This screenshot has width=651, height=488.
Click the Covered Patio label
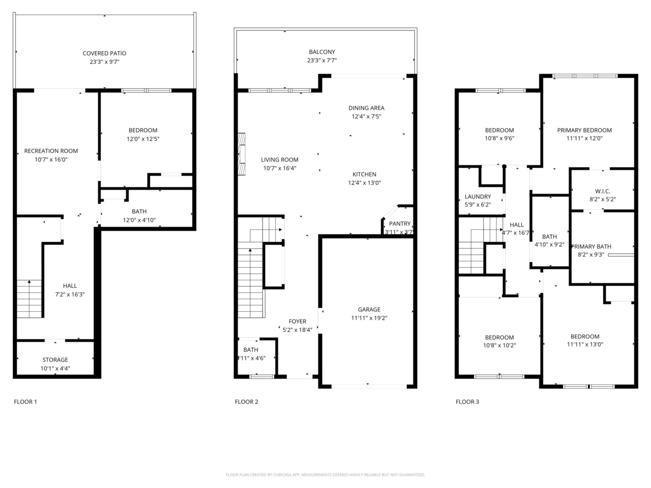pos(104,53)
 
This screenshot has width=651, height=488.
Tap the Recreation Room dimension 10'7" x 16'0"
pos(51,159)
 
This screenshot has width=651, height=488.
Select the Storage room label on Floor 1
pos(55,359)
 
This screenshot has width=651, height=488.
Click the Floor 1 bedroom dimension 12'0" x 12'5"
pos(143,139)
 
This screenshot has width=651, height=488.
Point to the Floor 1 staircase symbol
pos(29,298)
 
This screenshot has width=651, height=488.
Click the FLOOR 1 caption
pos(25,402)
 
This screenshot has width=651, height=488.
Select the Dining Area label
pos(366,108)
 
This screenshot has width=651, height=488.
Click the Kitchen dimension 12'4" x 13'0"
pos(365,183)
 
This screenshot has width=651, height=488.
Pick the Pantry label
pos(400,223)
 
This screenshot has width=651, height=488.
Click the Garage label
pos(369,310)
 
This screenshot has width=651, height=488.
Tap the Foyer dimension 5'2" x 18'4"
pos(297,329)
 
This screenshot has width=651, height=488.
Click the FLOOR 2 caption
pos(246,402)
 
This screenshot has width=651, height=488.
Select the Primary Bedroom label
pos(584,130)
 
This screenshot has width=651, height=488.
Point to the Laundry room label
pos(478,196)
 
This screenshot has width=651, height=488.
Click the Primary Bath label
pos(591,246)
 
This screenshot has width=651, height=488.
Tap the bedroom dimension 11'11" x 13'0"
pos(585,344)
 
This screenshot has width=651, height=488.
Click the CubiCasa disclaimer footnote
pos(325,474)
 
